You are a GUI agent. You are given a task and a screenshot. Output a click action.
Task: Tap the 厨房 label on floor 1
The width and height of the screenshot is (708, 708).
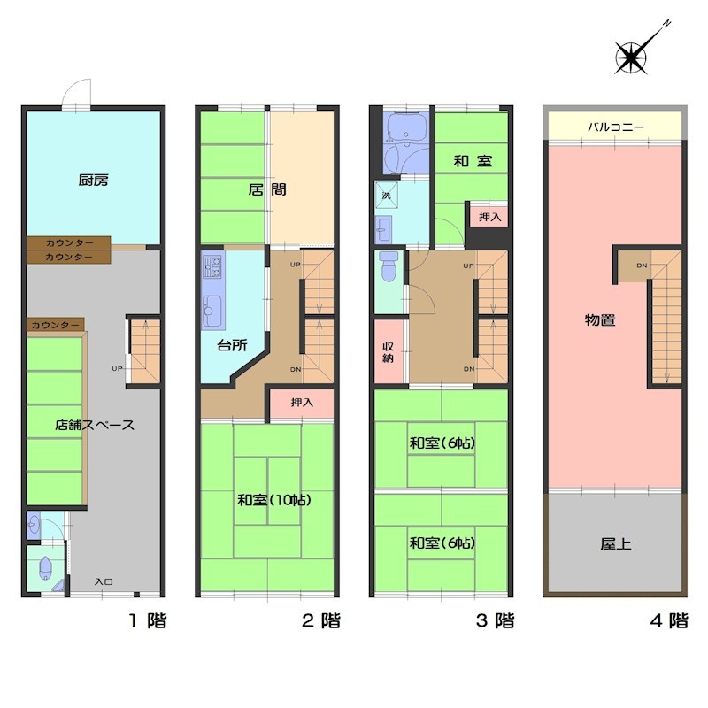(x=94, y=181)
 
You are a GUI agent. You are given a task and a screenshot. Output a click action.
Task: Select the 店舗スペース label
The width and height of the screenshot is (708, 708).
(x=95, y=425)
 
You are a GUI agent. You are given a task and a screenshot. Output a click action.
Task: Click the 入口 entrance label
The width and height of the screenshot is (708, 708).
(x=104, y=582)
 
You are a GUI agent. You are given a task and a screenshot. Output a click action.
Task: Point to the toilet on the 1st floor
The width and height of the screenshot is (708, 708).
(x=46, y=568)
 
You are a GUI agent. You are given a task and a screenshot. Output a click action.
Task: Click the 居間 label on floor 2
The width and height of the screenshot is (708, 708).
(x=267, y=189)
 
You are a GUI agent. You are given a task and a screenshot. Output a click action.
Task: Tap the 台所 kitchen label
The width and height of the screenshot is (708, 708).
(x=232, y=345)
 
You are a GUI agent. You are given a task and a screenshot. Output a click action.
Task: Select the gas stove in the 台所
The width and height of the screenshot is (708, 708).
(x=212, y=266)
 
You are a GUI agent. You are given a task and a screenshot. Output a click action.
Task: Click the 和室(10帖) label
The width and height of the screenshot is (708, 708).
(x=274, y=500)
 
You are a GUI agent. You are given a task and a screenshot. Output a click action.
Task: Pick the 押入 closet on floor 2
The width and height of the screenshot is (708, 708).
(x=302, y=403)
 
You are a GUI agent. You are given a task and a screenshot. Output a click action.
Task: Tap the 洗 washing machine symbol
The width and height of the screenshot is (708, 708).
(x=387, y=195)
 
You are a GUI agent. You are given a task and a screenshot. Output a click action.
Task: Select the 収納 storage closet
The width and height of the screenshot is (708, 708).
(x=389, y=352)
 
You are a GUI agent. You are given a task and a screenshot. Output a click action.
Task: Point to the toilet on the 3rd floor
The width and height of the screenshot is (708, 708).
(x=388, y=266)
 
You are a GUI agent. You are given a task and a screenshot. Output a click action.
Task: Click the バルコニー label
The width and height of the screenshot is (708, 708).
(x=615, y=127)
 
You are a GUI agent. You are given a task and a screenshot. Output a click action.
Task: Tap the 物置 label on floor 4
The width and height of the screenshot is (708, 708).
(x=600, y=320)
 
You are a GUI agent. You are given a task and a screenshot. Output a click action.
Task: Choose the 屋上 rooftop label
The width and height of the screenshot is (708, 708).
(x=615, y=544)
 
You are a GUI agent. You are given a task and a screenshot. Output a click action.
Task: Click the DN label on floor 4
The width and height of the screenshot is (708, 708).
(x=642, y=265)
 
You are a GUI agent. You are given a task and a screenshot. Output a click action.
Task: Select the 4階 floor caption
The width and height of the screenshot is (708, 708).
(x=669, y=620)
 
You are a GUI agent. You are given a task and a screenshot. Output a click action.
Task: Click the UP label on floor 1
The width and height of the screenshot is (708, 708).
(x=117, y=368)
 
